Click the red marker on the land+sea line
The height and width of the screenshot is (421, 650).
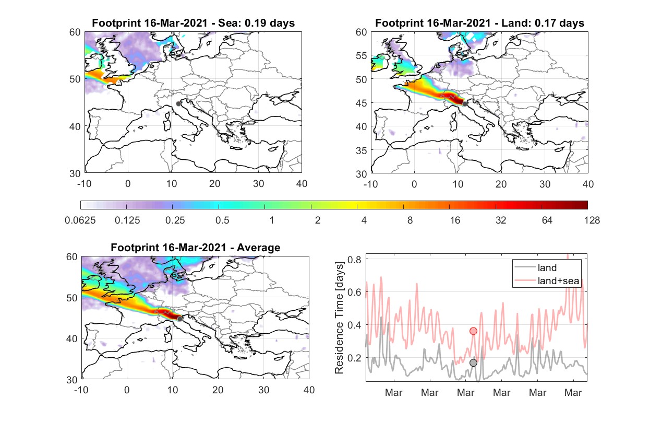473,331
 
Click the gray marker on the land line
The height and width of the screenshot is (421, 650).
473,362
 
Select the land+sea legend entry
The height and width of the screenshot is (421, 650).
547,280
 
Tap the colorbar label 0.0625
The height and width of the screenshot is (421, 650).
80,220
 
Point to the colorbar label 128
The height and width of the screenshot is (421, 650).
592,220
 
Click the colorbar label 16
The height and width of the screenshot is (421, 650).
455,220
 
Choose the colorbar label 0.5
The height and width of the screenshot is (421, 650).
222,220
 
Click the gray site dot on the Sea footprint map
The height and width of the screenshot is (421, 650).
178,104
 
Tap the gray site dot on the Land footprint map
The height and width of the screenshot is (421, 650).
465,104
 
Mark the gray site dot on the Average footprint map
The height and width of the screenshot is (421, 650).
180,319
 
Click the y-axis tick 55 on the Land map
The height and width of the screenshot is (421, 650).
362,55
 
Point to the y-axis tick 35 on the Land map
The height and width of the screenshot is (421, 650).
362,150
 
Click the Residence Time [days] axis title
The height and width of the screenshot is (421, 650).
339,318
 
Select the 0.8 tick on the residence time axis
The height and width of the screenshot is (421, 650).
355,259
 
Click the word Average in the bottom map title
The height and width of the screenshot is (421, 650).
259,248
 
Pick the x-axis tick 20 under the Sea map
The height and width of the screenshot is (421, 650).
215,184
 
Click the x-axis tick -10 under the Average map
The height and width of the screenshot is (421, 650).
81,390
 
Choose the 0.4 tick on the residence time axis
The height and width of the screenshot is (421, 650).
355,325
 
